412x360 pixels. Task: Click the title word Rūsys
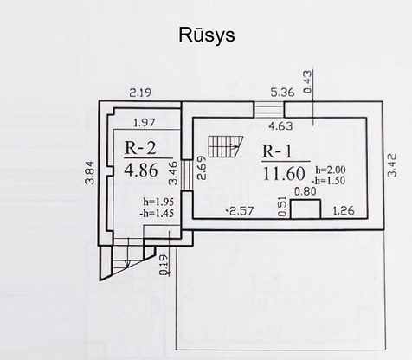coord(207,35)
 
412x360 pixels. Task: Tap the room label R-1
coord(277,151)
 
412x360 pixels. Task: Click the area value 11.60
coord(284,174)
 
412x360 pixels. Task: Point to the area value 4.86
coord(141,170)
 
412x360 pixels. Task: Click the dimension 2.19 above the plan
coord(140,93)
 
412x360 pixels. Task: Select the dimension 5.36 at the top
coord(282,93)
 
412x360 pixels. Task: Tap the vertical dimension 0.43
coord(308,81)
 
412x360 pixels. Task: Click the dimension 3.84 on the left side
coord(90,172)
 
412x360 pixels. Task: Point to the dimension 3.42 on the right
coord(392,165)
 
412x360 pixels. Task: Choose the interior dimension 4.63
coord(280,126)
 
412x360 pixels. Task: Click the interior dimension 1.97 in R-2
coord(145,123)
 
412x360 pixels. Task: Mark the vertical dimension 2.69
coord(203,168)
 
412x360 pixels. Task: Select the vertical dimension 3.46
coord(173,173)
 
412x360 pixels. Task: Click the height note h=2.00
coord(331,170)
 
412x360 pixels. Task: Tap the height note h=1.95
coord(158,202)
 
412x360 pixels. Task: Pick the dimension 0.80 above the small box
coord(306,191)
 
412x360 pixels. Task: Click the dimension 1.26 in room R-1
coord(344,210)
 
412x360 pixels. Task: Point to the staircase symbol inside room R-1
coord(226,146)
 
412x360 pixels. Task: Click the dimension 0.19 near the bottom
coord(164,265)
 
